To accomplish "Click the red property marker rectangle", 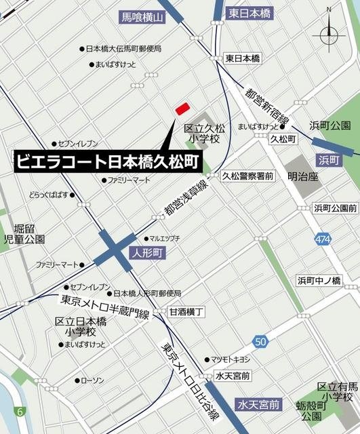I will pyautogui.click(x=182, y=108).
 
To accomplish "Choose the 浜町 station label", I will pyautogui.click(x=331, y=159).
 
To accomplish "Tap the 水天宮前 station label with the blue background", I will pyautogui.click(x=258, y=405).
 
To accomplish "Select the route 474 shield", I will pyautogui.click(x=323, y=239).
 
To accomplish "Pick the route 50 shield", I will pyautogui.click(x=261, y=340).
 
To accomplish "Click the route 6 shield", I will pyautogui.click(x=20, y=412).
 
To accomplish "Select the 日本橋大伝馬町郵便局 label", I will pyautogui.click(x=123, y=49).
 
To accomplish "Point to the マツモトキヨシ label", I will pyautogui.click(x=230, y=359).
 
